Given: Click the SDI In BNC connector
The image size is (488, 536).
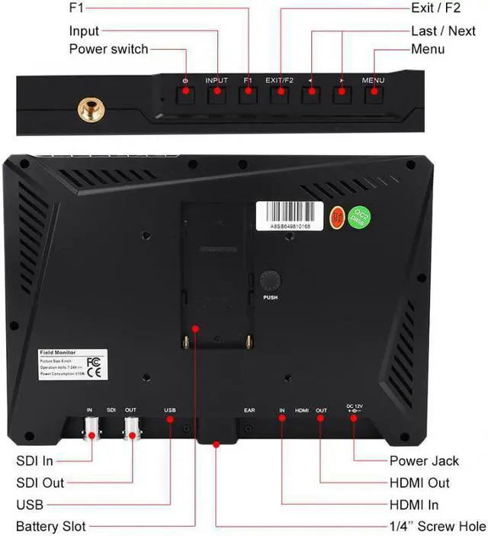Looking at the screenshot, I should pos(91,431).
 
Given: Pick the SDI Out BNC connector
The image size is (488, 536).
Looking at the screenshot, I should pos(133,431).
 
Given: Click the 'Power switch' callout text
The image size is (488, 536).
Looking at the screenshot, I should pos(108,49).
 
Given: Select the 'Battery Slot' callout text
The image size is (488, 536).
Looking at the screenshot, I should pos(50,526).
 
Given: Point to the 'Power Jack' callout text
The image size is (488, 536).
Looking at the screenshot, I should pos(425,460).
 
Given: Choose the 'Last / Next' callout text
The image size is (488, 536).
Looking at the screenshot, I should pos(443,31).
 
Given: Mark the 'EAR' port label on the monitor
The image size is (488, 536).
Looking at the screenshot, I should pos(249,411).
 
